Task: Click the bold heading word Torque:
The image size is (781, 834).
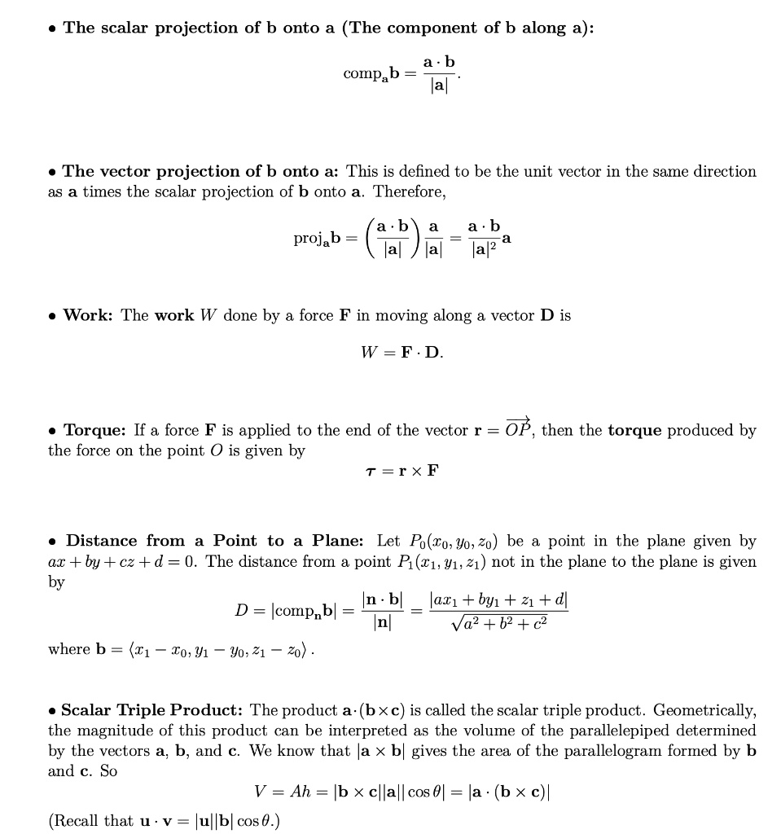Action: [x=94, y=429]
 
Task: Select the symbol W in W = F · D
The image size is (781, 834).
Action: [x=368, y=353]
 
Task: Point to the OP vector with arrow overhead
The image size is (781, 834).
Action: [x=518, y=428]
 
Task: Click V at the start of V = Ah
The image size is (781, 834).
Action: [x=261, y=792]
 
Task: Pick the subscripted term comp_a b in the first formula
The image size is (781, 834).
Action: [x=371, y=73]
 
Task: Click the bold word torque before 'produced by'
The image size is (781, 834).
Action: [x=634, y=429]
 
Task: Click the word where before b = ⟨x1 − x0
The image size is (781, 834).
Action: [x=69, y=649]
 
